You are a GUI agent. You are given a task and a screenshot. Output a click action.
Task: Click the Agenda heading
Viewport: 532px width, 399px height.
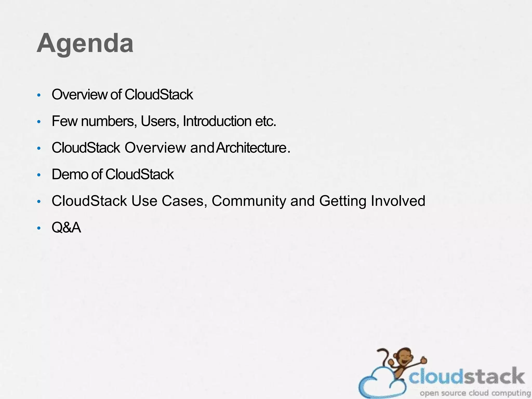[85, 43]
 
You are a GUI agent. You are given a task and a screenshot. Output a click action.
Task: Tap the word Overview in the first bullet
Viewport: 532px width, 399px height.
[79, 95]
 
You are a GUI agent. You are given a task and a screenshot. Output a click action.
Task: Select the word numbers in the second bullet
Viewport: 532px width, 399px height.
[109, 121]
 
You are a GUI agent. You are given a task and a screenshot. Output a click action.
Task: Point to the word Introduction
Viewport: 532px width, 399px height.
[217, 121]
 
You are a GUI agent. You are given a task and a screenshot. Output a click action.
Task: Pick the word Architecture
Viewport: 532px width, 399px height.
[251, 148]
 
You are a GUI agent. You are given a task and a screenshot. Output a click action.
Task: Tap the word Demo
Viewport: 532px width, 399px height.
[70, 174]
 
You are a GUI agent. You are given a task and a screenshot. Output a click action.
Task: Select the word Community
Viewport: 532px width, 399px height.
[249, 201]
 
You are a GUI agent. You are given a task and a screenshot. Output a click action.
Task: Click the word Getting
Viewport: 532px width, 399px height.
[343, 201]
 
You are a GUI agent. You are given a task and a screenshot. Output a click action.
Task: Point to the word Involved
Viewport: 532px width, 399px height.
[398, 201]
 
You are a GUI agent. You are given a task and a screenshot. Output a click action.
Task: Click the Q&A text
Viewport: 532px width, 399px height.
[66, 228]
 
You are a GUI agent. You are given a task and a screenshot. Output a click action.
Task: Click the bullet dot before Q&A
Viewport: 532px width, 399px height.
[39, 228]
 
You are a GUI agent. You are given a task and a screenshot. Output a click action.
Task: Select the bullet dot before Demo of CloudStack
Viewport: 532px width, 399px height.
[39, 175]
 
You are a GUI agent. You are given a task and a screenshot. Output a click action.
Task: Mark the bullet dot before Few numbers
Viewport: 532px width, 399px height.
[39, 122]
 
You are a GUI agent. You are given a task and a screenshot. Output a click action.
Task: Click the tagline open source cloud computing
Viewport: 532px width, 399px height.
[475, 393]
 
